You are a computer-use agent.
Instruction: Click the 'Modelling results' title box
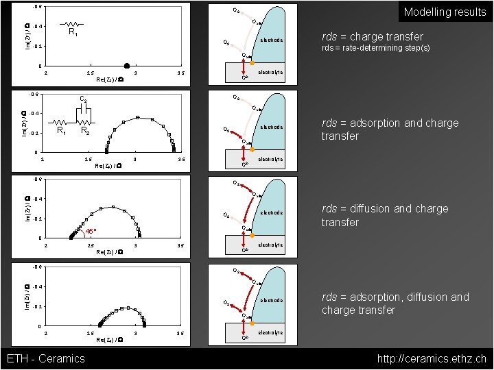point(445,12)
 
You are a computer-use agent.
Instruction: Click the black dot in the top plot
point(127,66)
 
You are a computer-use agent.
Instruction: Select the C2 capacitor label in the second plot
point(82,99)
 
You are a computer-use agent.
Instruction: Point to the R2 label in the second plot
point(85,129)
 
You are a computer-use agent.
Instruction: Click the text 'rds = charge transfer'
point(373,36)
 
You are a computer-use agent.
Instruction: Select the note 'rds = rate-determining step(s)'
point(376,49)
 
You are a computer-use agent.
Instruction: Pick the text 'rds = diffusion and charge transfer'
point(385,215)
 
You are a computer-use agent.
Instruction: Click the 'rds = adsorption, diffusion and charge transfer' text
point(395,304)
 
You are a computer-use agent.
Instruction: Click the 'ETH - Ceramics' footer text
point(45,358)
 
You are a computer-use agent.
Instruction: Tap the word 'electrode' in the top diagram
point(271,40)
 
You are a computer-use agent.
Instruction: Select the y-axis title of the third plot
point(26,208)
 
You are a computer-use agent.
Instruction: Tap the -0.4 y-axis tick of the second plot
point(38,113)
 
